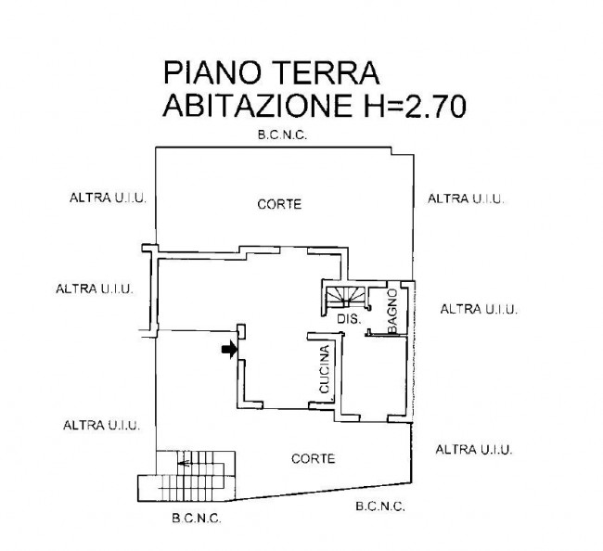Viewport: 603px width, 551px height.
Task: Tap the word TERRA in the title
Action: tap(327, 72)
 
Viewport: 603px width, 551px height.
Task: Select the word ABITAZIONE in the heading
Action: tap(258, 106)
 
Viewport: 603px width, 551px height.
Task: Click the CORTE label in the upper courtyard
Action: tap(279, 204)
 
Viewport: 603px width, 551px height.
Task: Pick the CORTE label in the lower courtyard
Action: tap(313, 459)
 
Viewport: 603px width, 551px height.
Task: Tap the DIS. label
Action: tap(349, 319)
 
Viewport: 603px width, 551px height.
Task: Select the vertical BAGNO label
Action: tap(392, 312)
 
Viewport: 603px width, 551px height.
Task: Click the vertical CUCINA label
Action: tap(325, 369)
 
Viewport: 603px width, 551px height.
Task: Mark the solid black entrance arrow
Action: tap(229, 349)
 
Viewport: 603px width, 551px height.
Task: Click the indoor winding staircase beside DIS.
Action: tap(345, 297)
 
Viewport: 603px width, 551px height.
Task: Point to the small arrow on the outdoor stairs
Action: tap(184, 463)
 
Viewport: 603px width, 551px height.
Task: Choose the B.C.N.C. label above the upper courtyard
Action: tap(282, 135)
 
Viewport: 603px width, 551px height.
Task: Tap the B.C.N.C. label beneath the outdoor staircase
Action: tap(197, 519)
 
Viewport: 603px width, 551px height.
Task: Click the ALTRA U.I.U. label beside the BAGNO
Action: tap(479, 309)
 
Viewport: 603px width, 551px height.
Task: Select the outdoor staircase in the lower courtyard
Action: tap(186, 476)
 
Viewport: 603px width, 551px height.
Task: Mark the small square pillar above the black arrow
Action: tap(241, 332)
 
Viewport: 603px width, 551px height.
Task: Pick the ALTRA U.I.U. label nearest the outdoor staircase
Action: tap(101, 426)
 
